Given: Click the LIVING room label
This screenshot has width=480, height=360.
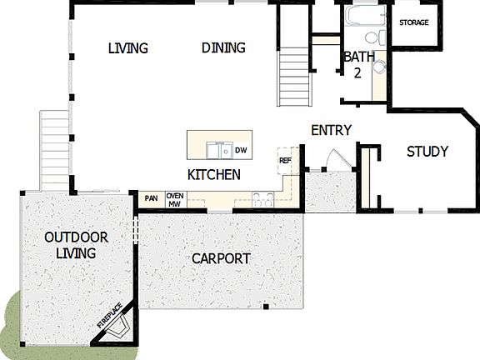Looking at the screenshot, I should (127, 47).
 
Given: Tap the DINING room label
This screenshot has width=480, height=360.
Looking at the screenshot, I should (223, 47).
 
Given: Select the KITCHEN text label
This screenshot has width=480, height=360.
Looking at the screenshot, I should (214, 175).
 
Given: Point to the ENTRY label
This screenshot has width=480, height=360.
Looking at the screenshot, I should (331, 131).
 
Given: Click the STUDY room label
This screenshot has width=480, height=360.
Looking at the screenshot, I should (427, 152).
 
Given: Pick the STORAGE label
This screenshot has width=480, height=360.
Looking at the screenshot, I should (414, 22).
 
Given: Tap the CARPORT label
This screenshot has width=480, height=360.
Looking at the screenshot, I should (221, 258).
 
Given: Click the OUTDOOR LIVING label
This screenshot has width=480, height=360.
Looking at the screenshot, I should (70, 245).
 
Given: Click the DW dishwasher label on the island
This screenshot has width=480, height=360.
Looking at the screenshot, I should (241, 151).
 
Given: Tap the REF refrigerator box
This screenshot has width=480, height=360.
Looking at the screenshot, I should (285, 161).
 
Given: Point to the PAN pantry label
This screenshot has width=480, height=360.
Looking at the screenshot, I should (151, 198).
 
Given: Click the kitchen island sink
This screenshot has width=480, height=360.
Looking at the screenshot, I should (219, 151).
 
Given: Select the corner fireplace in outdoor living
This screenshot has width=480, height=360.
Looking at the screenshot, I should (112, 326).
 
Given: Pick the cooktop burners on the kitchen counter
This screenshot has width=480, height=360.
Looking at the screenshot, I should (263, 199).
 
